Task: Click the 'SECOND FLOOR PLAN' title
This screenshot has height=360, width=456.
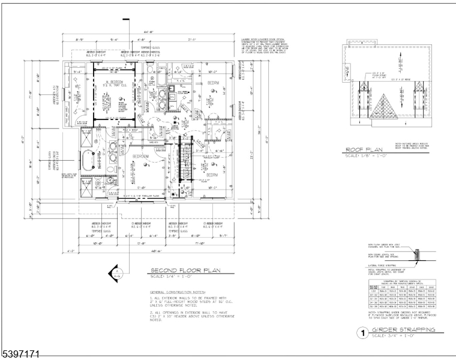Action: tap(187, 271)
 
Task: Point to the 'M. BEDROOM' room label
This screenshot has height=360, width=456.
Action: tap(113, 82)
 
